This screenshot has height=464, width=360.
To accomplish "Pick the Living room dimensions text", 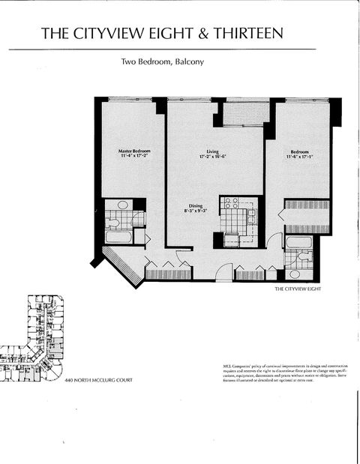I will (213, 157).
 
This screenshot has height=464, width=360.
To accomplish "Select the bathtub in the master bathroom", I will (118, 237).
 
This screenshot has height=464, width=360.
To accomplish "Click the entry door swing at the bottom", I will (224, 272).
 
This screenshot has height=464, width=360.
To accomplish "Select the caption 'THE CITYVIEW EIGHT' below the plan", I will (297, 289).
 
